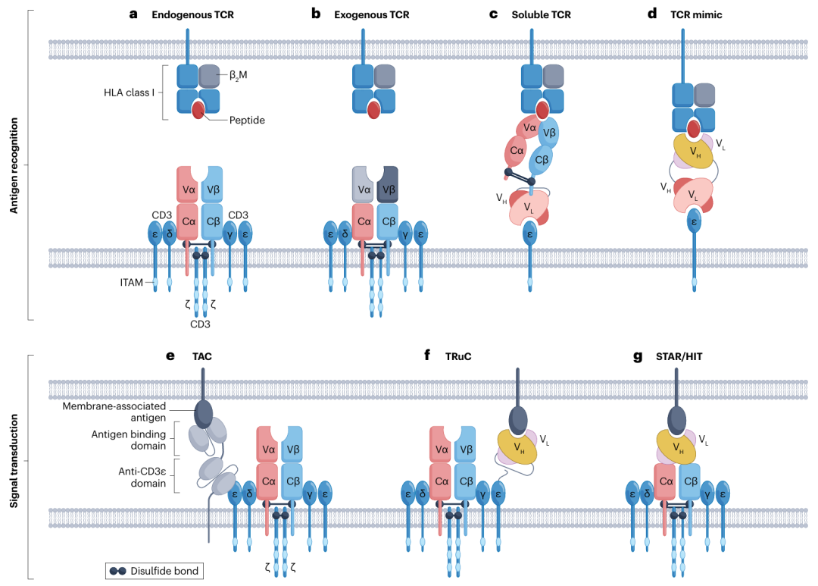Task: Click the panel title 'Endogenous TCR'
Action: [x=192, y=14]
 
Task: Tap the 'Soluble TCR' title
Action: [x=542, y=14]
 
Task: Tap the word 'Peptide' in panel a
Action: [x=246, y=120]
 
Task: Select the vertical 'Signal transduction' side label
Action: [x=14, y=462]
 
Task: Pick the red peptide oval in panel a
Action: [x=198, y=111]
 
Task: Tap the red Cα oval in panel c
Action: [x=517, y=150]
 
